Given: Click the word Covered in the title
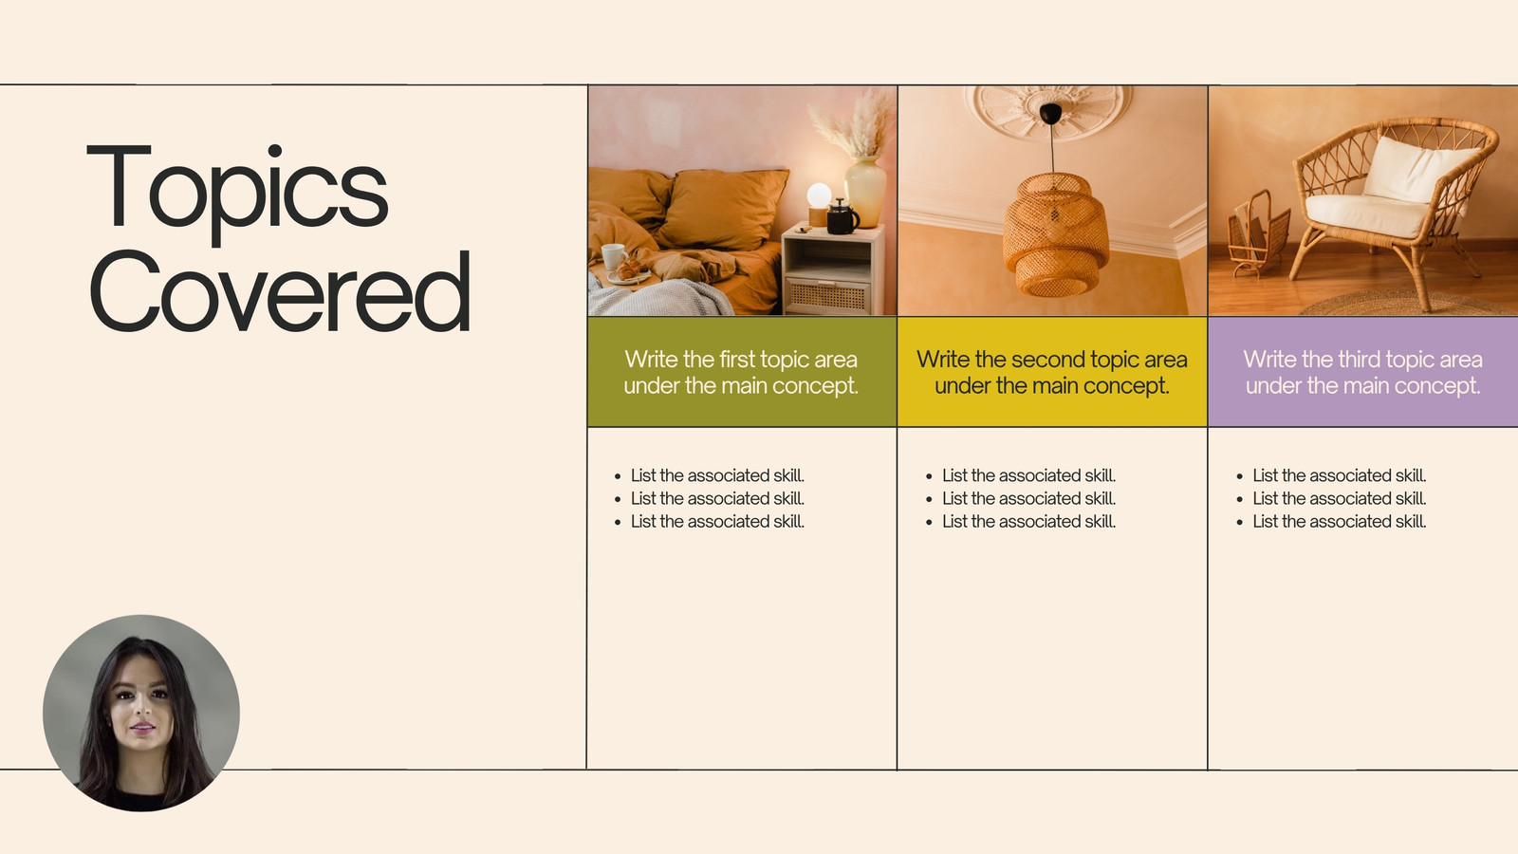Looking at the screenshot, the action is pyautogui.click(x=280, y=291).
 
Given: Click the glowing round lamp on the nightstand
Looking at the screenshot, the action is pyautogui.click(x=819, y=195).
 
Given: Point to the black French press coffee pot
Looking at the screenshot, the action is pyautogui.click(x=842, y=216).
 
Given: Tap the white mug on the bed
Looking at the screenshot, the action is pyautogui.click(x=613, y=256).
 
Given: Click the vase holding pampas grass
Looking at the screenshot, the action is pyautogui.click(x=864, y=191).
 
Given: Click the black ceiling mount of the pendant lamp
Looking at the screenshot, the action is pyautogui.click(x=1051, y=114).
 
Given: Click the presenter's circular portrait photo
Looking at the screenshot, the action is pyautogui.click(x=141, y=713).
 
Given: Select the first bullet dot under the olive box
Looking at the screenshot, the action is pyautogui.click(x=618, y=476).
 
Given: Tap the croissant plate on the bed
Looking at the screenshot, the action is pyautogui.click(x=630, y=272).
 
